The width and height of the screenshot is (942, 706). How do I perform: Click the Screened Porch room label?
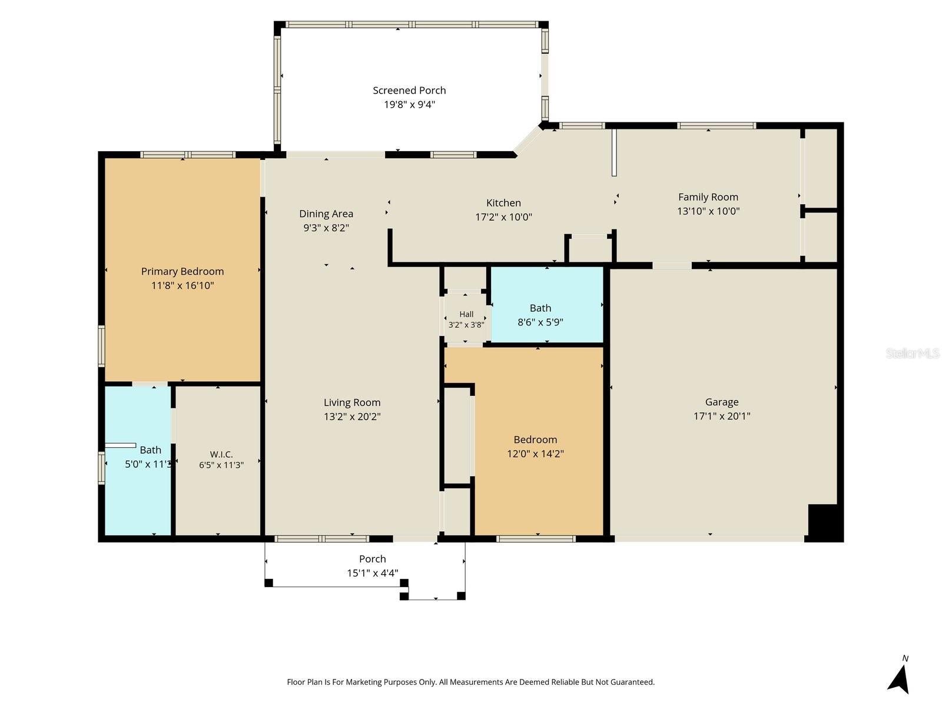point(409,91)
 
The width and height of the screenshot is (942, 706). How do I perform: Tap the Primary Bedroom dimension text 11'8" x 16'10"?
point(183,285)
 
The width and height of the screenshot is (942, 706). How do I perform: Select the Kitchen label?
point(503,203)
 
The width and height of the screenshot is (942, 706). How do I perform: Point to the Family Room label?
point(708,197)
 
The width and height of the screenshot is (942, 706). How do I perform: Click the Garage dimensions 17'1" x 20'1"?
point(722,416)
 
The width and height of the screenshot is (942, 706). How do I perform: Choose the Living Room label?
point(352,402)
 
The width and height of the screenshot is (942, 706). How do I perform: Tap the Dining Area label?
point(326,214)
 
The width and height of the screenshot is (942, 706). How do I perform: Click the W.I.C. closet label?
point(221,454)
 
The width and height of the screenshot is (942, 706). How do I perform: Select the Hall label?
point(466,314)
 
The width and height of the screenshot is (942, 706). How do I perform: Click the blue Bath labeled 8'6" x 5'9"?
point(540,308)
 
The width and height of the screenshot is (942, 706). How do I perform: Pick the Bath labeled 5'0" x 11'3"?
point(151,450)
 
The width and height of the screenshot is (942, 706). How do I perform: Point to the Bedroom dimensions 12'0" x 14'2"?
point(535,454)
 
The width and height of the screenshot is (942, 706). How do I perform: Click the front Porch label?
point(373,559)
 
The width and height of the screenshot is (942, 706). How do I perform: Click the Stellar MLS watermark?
point(913,353)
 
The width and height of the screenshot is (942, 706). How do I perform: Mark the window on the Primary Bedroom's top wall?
point(188,155)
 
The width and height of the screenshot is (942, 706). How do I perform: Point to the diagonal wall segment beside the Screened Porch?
point(528,140)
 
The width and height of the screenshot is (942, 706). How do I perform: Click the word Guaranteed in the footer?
point(632,682)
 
